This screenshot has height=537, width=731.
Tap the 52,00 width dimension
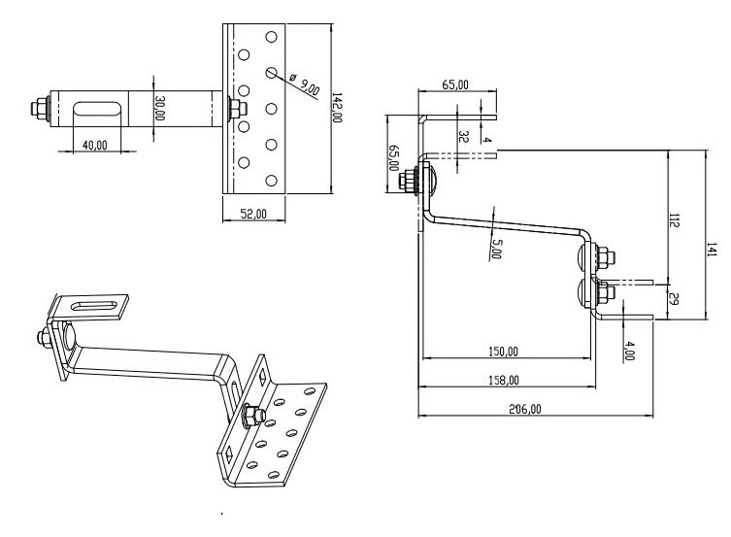tap(253, 215)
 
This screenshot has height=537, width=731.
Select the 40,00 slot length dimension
tap(94, 145)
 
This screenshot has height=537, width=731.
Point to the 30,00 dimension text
tap(160, 108)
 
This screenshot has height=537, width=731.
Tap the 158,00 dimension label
tap(502, 380)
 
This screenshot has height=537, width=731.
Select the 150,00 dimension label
tap(501, 352)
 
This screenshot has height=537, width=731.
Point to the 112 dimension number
tap(674, 220)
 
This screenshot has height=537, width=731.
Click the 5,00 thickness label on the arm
tap(496, 247)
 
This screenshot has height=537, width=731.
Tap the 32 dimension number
tap(463, 138)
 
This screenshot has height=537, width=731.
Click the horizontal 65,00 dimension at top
tap(455, 84)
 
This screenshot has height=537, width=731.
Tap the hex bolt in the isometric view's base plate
tap(249, 416)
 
